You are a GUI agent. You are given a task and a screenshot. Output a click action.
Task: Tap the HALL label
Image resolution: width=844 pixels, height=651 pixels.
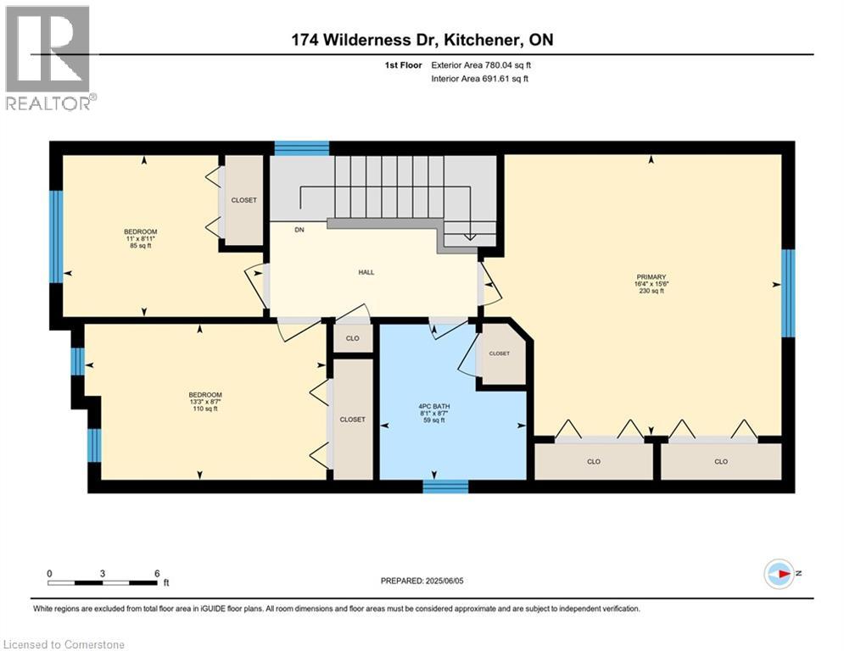pyautogui.click(x=366, y=272)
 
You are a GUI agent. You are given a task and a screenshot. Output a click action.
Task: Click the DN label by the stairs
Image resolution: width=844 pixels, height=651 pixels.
pyautogui.click(x=299, y=230)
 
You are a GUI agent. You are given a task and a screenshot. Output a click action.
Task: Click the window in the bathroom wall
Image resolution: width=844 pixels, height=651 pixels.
pyautogui.click(x=445, y=487)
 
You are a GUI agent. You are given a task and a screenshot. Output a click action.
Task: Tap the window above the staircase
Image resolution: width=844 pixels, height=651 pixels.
pyautogui.click(x=302, y=148)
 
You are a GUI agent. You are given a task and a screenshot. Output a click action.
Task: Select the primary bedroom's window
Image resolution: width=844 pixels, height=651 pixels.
pyautogui.click(x=788, y=293)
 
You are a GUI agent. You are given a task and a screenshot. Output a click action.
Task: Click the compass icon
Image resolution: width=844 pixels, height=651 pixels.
pyautogui.click(x=779, y=574)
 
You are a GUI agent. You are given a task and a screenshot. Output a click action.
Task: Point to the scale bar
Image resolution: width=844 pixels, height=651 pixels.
pyautogui.click(x=103, y=582)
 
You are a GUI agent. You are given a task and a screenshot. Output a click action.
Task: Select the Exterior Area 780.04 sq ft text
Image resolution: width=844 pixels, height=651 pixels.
pyautogui.click(x=481, y=65)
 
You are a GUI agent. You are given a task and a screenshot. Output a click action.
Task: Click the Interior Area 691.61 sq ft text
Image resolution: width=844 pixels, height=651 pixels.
pyautogui.click(x=479, y=79)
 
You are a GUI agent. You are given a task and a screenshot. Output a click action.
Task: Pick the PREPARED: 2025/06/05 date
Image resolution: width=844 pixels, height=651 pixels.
pyautogui.click(x=422, y=581)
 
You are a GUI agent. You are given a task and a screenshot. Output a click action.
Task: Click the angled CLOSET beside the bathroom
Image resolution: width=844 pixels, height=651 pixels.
pyautogui.click(x=499, y=353)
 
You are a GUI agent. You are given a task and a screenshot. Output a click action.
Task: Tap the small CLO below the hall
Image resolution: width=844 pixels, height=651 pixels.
pyautogui.click(x=353, y=338)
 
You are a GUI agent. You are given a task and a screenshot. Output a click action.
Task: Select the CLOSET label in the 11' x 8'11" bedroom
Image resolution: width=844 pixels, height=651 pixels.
pyautogui.click(x=243, y=200)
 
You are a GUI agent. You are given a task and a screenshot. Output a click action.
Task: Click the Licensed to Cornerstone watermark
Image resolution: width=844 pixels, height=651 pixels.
pyautogui.click(x=64, y=644)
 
